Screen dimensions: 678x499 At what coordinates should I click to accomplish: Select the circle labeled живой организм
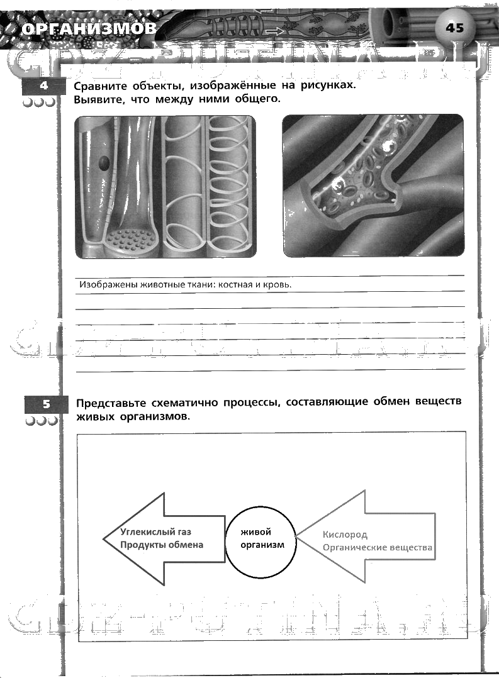pos(261,538)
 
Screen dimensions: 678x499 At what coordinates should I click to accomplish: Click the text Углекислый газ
pos(155,531)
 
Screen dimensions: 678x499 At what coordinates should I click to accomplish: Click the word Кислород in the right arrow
pos(345,535)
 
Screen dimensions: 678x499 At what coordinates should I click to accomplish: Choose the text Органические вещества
pos(378,547)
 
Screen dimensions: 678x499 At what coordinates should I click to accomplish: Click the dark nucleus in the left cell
pos(104,164)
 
